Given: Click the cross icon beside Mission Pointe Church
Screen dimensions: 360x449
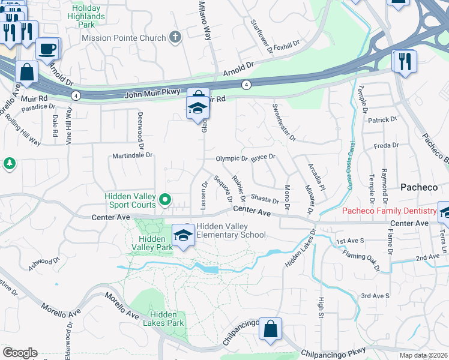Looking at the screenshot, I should click(x=175, y=38).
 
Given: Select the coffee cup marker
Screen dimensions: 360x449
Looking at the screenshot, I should click(x=47, y=49).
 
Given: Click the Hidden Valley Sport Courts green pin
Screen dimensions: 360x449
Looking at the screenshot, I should click(x=166, y=199).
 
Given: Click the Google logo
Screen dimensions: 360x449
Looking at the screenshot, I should click(x=19, y=353).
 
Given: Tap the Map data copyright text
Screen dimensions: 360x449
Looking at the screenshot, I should click(x=423, y=355).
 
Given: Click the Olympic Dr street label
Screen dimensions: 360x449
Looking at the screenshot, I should click(x=232, y=158).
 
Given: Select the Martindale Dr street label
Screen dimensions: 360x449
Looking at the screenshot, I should click(x=133, y=156).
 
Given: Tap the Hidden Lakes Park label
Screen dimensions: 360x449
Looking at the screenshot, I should click(x=163, y=319).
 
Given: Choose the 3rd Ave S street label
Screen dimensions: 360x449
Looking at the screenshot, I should click(x=375, y=296).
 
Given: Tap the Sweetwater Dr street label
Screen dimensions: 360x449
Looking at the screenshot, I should click(x=284, y=122).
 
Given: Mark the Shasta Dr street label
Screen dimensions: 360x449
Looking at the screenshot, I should click(x=265, y=199).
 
